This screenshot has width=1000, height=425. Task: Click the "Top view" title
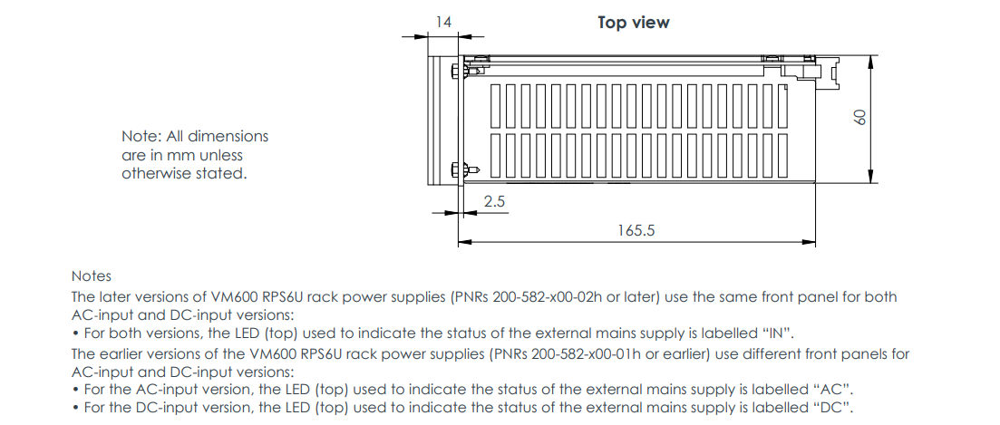(633, 23)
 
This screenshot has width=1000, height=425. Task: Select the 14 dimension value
(443, 21)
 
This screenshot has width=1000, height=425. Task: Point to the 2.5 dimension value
(494, 201)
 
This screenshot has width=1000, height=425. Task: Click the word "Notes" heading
(92, 275)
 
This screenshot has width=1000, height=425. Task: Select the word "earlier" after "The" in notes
(123, 353)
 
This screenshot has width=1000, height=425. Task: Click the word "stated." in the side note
(220, 173)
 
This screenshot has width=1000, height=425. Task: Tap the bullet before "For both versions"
(75, 333)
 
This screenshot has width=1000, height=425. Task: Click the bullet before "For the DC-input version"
(75, 408)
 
